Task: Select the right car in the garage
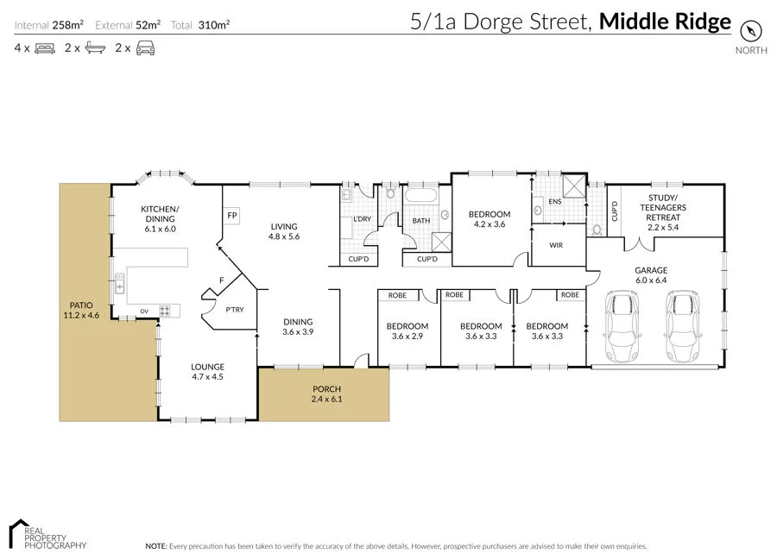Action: tap(683, 327)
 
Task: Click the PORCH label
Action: tap(327, 388)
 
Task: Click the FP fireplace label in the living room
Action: tap(231, 215)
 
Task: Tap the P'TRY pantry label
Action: tap(233, 310)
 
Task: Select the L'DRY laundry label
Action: tap(363, 219)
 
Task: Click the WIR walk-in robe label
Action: tap(557, 245)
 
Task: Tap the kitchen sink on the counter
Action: tap(120, 282)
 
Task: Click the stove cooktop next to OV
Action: tap(164, 310)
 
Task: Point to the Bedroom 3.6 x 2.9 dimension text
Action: tap(407, 337)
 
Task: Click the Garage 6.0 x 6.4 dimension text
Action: tap(652, 280)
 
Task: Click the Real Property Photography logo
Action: tap(47, 535)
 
